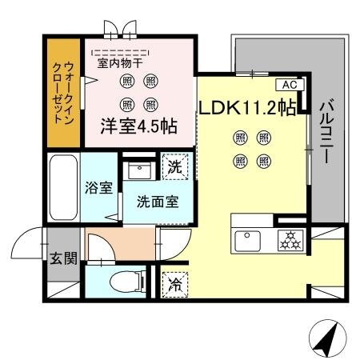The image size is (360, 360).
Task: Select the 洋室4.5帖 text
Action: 138,127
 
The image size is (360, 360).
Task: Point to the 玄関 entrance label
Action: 60,258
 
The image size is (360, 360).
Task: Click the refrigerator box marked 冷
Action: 175,283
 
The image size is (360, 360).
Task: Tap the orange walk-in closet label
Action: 62,92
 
